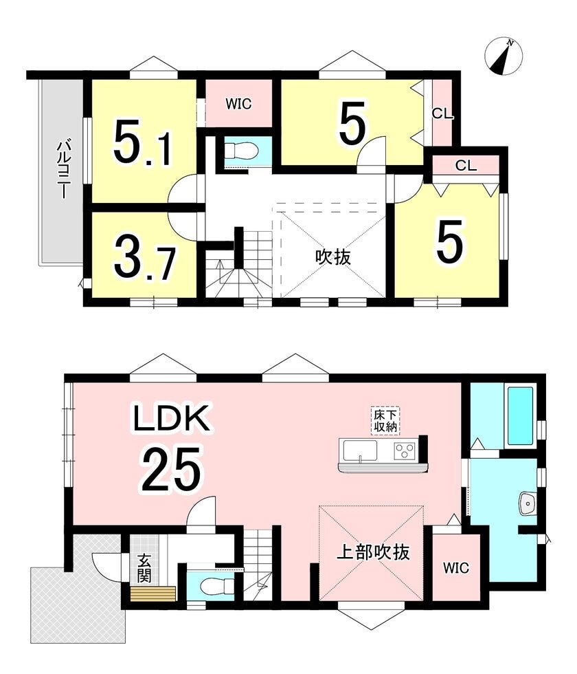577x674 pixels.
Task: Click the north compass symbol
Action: point(504,56)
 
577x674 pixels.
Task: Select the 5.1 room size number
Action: point(143,143)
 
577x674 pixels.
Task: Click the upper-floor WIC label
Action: point(239,104)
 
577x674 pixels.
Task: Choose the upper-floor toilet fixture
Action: point(242,151)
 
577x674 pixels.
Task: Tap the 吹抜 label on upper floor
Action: point(333,257)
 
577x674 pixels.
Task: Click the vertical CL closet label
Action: point(442,114)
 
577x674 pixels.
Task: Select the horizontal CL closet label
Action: point(466,166)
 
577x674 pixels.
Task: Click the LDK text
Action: point(171,417)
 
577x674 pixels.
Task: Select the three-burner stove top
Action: point(405,451)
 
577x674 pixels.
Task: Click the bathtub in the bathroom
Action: point(521,416)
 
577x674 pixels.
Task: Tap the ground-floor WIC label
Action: point(456,568)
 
